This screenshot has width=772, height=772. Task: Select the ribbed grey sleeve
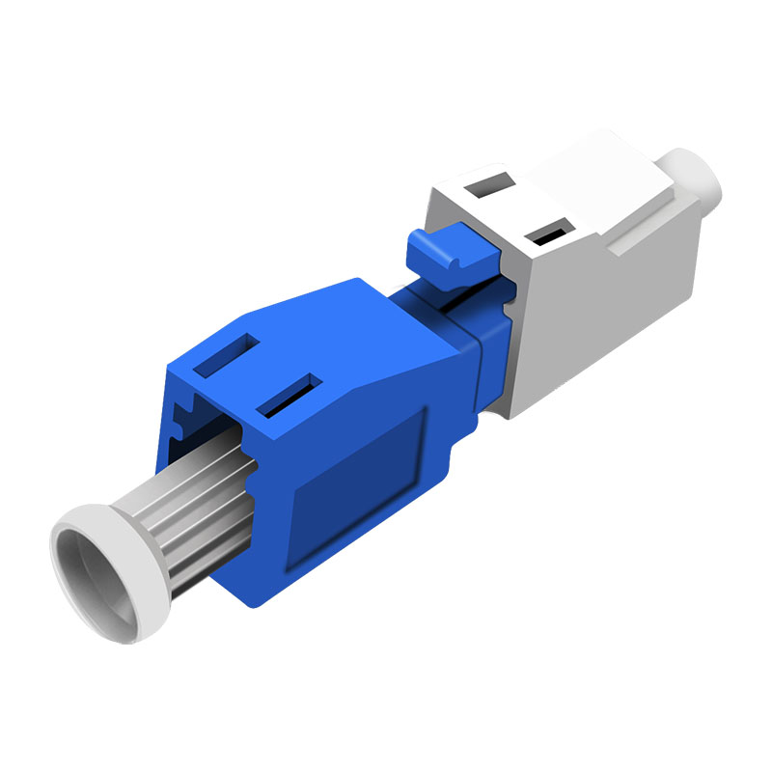click(193, 502)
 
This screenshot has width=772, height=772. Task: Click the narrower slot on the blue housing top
click(289, 395)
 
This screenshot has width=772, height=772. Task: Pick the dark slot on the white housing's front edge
click(550, 232)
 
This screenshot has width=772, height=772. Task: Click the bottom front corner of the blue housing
click(253, 603)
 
